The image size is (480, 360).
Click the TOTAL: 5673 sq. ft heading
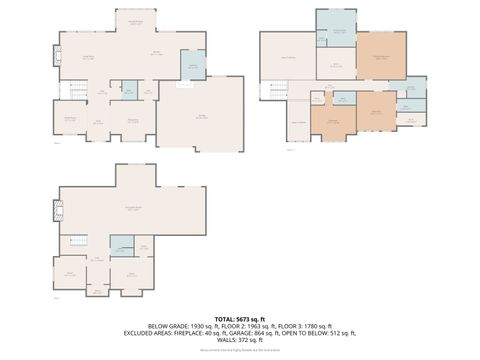240,318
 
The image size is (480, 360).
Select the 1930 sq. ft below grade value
196,326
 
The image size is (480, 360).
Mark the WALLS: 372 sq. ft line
240,340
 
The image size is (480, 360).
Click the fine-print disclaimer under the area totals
240,350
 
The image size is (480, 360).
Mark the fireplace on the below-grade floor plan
56,210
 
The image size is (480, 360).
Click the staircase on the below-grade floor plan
77,241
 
